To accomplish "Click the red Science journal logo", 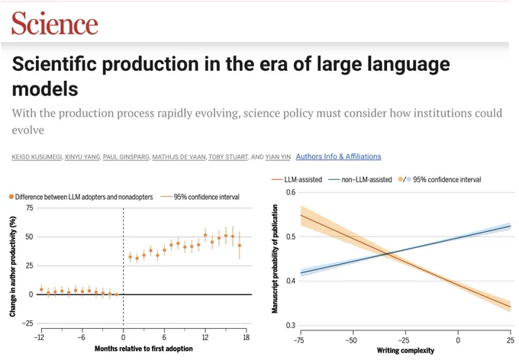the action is click(x=55, y=23).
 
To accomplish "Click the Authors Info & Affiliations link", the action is click(x=338, y=156).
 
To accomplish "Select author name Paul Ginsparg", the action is click(x=126, y=157).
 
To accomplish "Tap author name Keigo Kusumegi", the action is click(x=37, y=157).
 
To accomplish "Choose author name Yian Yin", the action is click(x=278, y=157).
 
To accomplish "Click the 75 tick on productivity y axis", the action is click(x=30, y=207).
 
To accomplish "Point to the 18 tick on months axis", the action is click(x=246, y=337).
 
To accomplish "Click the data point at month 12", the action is click(x=205, y=235).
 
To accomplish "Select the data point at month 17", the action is click(x=240, y=246).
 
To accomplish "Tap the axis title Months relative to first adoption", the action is click(x=143, y=349).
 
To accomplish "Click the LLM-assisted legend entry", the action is click(x=297, y=180).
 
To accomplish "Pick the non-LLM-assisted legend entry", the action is click(x=360, y=180).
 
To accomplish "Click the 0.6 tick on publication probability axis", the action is click(x=291, y=192).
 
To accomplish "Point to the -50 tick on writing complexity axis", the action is click(x=352, y=340).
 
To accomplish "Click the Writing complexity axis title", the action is click(x=405, y=350).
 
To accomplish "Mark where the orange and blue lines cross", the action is click(x=388, y=254).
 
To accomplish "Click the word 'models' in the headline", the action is click(x=45, y=89).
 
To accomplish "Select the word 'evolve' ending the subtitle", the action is click(x=27, y=130).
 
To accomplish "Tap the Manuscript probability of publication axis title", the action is click(x=275, y=259).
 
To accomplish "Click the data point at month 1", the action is click(x=130, y=257).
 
